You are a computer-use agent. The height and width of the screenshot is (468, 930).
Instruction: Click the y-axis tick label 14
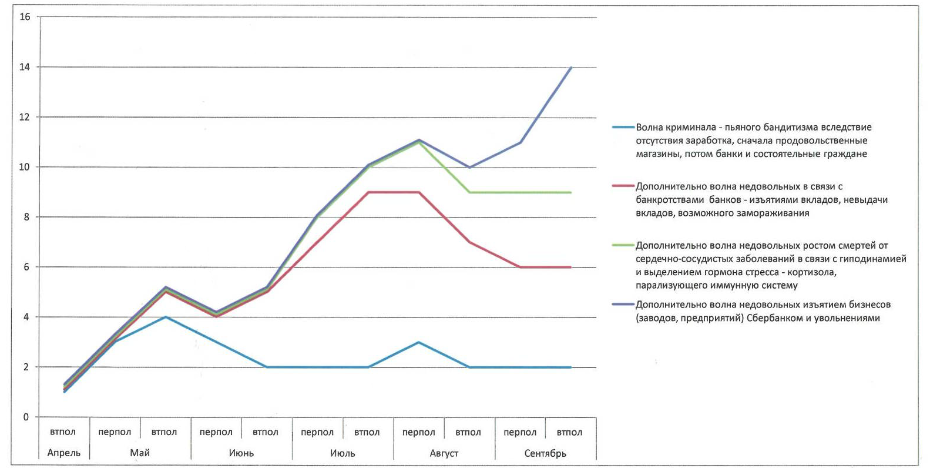coord(24,67)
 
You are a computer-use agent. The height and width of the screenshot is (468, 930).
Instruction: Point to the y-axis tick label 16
coord(24,17)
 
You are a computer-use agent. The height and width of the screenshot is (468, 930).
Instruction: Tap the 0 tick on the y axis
coord(26,417)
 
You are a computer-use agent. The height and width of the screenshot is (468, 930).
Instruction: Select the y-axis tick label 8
coord(26,217)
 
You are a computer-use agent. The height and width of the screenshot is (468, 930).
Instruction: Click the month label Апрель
coord(63,453)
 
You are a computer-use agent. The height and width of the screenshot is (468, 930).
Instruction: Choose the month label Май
coord(140,453)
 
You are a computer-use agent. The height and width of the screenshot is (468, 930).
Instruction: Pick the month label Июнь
coord(241,453)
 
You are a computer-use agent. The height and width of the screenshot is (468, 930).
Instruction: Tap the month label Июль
coord(343,453)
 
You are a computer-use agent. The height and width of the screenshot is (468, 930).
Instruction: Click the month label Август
coord(444,453)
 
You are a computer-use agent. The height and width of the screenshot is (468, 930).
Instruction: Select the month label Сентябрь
coord(545,453)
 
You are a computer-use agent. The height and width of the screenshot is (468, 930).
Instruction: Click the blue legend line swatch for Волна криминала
coord(623,127)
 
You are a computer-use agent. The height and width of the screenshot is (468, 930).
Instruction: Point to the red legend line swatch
coord(623,186)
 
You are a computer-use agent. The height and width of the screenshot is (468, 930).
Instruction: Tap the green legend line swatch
coord(623,245)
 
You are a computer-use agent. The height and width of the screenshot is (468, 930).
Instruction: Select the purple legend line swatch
coord(623,305)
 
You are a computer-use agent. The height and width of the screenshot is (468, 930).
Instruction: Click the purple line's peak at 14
coord(571,68)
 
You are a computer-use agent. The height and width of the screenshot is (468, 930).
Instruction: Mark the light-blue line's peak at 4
coord(166,317)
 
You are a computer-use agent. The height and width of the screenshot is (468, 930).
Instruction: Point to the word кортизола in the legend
coord(815,272)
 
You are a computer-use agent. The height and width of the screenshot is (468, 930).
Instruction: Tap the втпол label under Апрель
coord(63,432)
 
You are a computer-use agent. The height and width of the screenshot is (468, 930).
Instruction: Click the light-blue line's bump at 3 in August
coord(418,342)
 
